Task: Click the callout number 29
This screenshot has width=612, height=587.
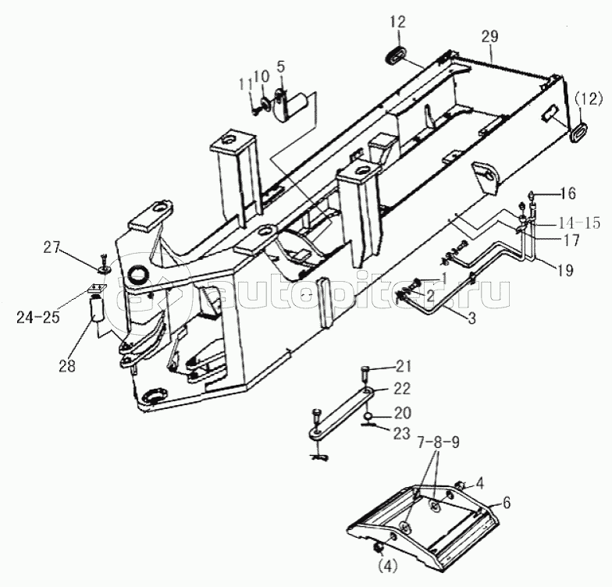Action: [489, 37]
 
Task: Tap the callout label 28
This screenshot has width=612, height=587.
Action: [67, 366]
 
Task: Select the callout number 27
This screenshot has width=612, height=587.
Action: [52, 247]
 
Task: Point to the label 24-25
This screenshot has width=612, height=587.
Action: [37, 317]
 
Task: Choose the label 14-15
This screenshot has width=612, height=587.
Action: [579, 223]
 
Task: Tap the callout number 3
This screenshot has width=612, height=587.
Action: [471, 318]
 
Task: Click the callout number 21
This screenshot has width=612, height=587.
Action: [403, 366]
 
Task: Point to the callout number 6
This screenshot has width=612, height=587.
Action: [506, 503]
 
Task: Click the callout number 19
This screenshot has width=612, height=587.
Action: [565, 269]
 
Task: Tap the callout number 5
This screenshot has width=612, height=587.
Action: [281, 66]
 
